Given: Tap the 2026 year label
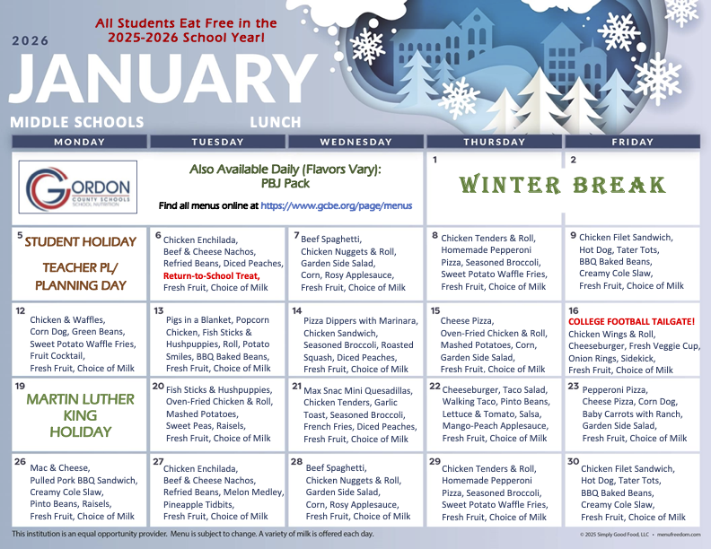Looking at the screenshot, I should tap(31, 40).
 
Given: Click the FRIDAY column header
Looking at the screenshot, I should tap(631, 142).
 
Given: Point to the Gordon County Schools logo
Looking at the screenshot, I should tap(79, 187).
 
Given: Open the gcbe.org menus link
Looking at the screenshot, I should tap(336, 206).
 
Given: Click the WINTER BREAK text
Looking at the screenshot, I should tap(563, 186).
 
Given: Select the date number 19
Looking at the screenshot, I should tap(20, 385).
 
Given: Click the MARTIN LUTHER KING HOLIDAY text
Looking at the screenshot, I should tap(80, 415).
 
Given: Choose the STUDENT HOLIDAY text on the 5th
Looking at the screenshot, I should tap(80, 241).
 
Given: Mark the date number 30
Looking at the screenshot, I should tap(573, 461).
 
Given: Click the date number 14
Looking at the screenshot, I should tap(297, 310).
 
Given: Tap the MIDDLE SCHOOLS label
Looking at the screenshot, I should tap(77, 122).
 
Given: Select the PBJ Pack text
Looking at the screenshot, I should tap(285, 184).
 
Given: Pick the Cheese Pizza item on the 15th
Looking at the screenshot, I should tap(468, 320).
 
